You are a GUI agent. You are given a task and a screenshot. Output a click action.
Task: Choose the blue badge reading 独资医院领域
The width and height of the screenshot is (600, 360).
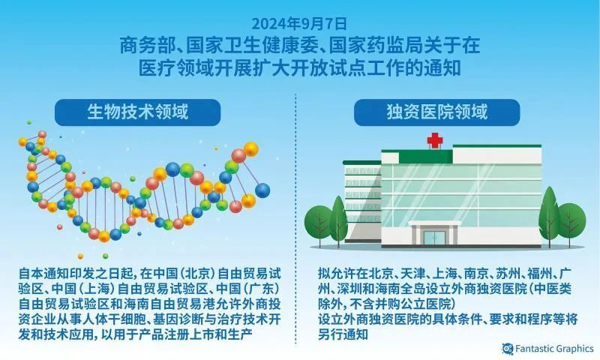[436, 112]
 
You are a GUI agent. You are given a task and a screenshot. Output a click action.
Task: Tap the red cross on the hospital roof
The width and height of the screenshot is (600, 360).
[435, 140]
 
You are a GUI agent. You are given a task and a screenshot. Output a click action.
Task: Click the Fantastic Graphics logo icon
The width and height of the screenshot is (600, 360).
[507, 348]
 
